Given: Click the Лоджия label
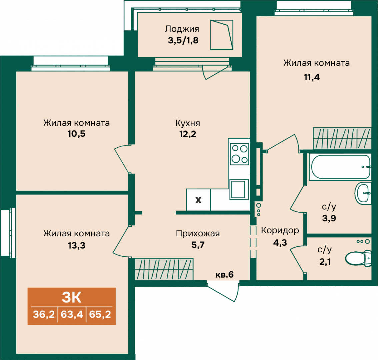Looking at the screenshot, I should tap(182, 29).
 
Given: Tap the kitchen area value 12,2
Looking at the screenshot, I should tap(188, 134).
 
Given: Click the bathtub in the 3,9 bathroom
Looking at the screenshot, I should tap(339, 166).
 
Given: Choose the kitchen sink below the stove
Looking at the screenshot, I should tap(239, 189).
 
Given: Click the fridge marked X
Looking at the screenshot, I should tap(198, 200).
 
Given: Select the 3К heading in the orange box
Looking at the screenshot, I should tap(71, 297).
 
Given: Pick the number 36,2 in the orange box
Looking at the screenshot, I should tap(44, 314).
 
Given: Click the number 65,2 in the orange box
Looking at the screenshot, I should tap(100, 314).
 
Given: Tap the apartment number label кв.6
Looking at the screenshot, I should tap(225, 275).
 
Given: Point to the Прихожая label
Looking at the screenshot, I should tap(198, 233).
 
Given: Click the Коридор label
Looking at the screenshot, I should tap(280, 230).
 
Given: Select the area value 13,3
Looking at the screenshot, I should tap(76, 245).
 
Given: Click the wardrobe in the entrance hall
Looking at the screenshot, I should tap(164, 269).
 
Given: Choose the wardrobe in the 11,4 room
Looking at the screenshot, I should tap(342, 138).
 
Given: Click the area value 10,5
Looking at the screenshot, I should tap(76, 134).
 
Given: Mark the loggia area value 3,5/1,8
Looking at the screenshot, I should tap(183, 41).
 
